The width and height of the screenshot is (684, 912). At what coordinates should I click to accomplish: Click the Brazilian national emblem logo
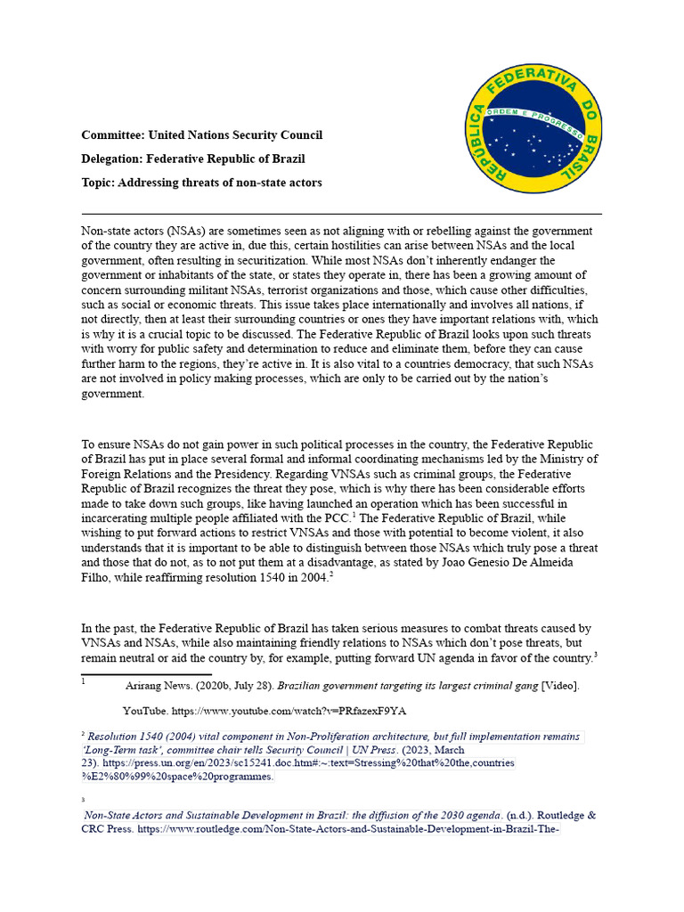pos(536,124)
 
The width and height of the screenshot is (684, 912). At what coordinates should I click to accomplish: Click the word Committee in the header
pos(112,135)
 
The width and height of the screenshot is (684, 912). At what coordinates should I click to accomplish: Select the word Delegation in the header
pos(113,159)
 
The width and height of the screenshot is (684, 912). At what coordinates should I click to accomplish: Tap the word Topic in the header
pos(97,183)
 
